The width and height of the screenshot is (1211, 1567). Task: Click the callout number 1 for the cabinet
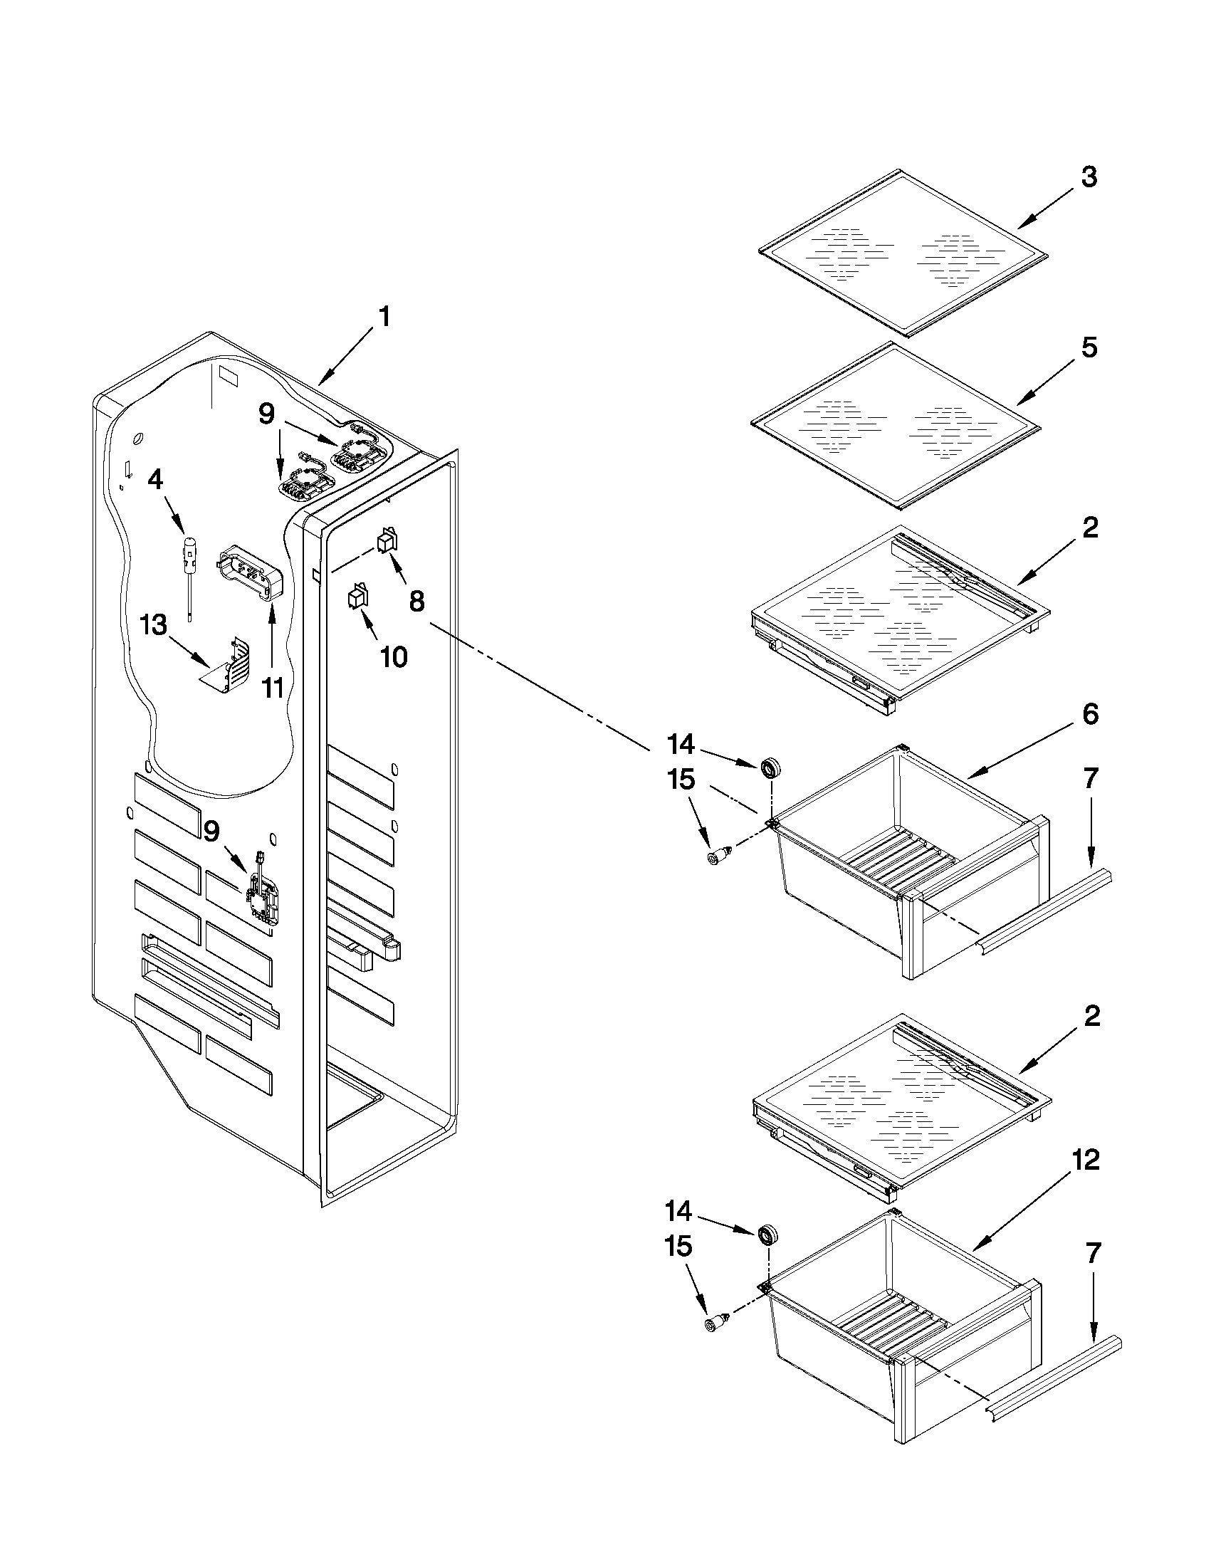coord(384,316)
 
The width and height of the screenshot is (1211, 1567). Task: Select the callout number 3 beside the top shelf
coord(1089,177)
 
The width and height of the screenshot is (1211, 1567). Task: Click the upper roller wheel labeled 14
coord(772,768)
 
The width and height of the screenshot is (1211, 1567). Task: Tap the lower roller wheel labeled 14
coord(769,1235)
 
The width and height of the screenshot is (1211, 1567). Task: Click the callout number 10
coord(393,656)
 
